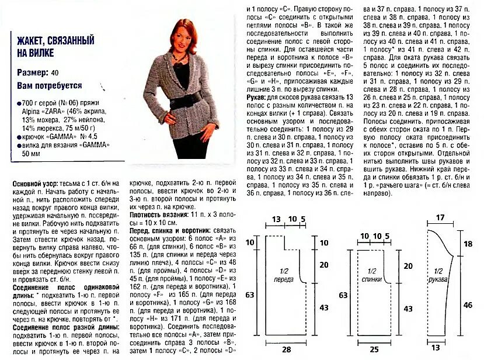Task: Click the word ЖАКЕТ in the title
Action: click(x=32, y=41)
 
